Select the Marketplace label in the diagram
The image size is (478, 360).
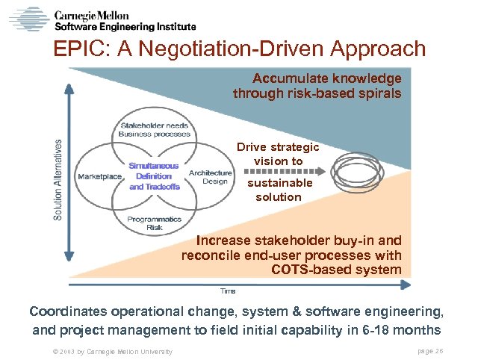(99, 176)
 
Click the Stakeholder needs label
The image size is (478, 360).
(155, 125)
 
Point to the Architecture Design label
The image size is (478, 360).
(210, 177)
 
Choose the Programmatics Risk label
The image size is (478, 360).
(154, 223)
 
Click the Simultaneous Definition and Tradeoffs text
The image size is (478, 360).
(155, 176)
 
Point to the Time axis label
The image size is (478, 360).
(228, 290)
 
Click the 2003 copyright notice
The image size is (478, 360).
(108, 351)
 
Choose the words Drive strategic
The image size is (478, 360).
(278, 147)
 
